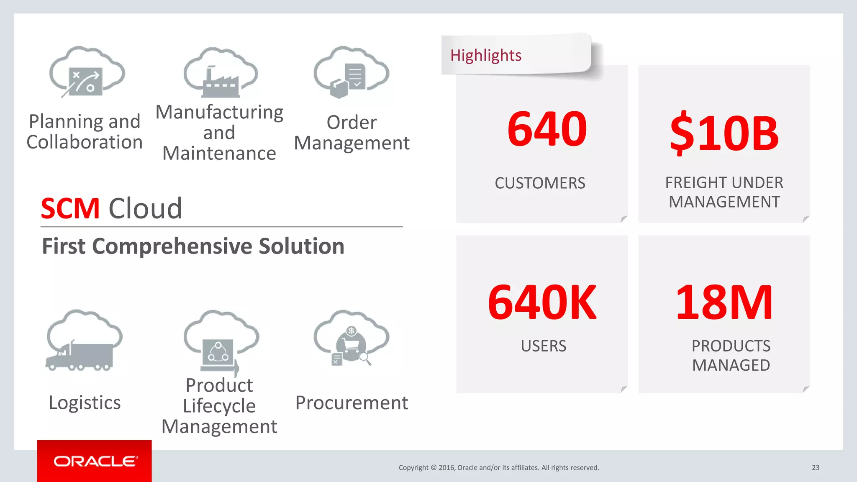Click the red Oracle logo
pyautogui.click(x=95, y=461)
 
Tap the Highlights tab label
pyautogui.click(x=486, y=55)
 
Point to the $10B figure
pyautogui.click(x=724, y=133)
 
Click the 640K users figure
pyautogui.click(x=542, y=302)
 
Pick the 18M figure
pyautogui.click(x=724, y=302)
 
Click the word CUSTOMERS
pyautogui.click(x=540, y=183)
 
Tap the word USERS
pyautogui.click(x=543, y=346)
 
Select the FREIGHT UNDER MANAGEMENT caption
pyautogui.click(x=724, y=192)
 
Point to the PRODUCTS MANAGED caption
pyautogui.click(x=731, y=356)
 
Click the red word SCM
pyautogui.click(x=70, y=208)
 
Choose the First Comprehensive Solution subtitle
pyautogui.click(x=193, y=246)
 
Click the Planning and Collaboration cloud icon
pyautogui.click(x=87, y=72)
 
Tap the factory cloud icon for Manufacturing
pyautogui.click(x=221, y=74)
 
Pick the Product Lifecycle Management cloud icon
pyautogui.click(x=221, y=341)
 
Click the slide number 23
pyautogui.click(x=816, y=467)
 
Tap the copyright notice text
pyautogui.click(x=498, y=467)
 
